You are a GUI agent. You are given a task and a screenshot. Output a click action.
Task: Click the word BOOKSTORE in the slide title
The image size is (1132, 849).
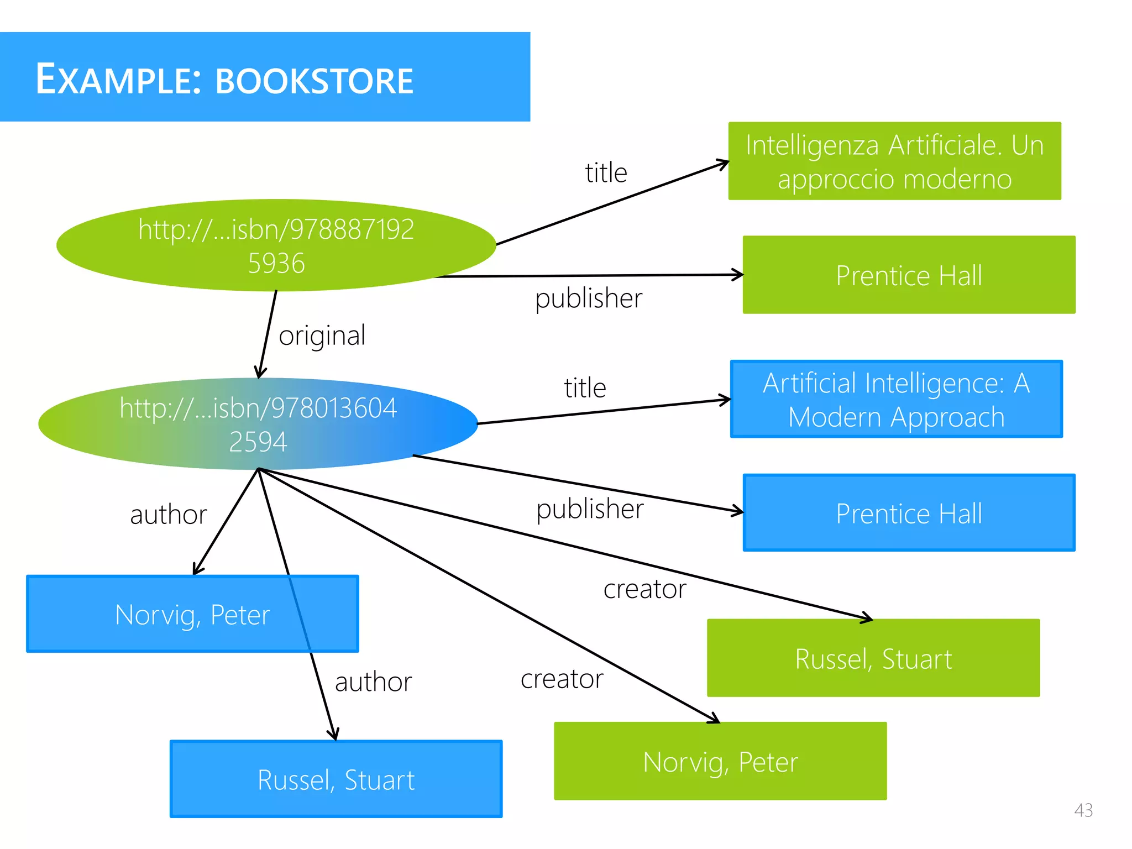click(314, 81)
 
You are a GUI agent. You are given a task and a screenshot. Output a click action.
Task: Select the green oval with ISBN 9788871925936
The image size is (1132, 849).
click(276, 245)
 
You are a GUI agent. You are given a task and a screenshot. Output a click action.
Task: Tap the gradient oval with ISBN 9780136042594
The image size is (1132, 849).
click(258, 424)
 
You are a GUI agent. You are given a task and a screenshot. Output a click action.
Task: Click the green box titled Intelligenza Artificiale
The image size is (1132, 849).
click(894, 161)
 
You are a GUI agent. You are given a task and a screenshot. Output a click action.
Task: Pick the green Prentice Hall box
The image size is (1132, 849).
click(909, 275)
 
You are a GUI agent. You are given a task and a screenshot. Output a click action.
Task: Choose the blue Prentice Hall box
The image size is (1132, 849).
click(909, 513)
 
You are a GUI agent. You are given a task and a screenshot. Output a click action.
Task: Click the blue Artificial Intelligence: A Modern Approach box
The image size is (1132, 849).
click(896, 399)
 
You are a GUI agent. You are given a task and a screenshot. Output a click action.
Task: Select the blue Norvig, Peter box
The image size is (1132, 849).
click(192, 614)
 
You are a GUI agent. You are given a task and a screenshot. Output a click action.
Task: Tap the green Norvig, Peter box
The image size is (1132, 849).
click(720, 761)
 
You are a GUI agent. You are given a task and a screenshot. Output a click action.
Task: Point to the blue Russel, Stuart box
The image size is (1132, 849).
click(336, 779)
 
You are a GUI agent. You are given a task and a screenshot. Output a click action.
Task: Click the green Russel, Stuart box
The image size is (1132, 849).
click(873, 658)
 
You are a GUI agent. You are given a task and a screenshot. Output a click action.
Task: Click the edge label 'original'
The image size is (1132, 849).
click(322, 336)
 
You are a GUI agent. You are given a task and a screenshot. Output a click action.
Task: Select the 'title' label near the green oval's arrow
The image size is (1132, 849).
click(606, 173)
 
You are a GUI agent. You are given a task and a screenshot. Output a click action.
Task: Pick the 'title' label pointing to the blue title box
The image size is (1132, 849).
click(585, 387)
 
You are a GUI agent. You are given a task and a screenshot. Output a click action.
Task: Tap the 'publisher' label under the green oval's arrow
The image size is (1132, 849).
click(589, 298)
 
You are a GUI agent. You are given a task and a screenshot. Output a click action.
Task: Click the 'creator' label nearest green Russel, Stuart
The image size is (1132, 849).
click(644, 589)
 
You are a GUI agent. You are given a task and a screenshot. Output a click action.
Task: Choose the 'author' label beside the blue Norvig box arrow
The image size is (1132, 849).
click(169, 515)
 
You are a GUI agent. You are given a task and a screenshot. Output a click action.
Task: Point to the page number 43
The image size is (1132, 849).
click(1083, 810)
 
